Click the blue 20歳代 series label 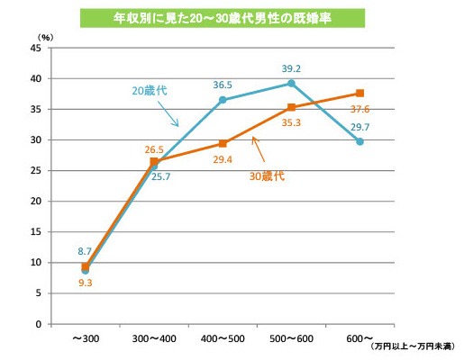tap(150, 91)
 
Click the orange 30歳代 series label tap(267, 176)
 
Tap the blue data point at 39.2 tap(291, 84)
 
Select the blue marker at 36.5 tap(223, 100)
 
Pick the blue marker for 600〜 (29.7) tap(359, 141)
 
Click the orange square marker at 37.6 tap(359, 94)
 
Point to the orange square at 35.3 tap(291, 107)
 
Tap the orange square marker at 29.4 tap(223, 143)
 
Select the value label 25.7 tap(162, 177)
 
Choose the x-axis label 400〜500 tap(223, 337)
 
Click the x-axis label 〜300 tap(86, 337)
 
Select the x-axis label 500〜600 tap(291, 337)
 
